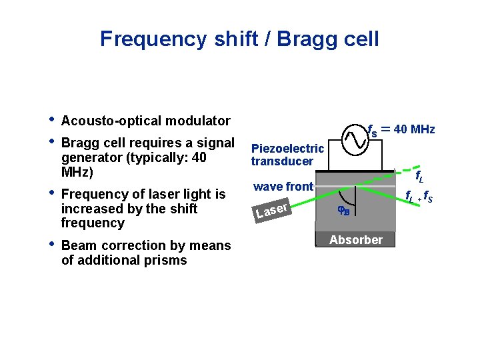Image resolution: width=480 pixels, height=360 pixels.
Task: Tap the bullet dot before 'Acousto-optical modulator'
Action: [x=51, y=120]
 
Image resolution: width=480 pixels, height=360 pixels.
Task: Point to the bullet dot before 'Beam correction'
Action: [x=51, y=245]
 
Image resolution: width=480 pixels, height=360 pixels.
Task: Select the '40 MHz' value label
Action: [x=413, y=129]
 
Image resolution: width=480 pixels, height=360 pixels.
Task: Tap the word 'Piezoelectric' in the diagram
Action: [x=287, y=149]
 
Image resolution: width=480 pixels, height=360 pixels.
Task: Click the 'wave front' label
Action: [x=283, y=187]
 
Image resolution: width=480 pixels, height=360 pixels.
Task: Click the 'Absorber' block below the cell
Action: [x=356, y=240]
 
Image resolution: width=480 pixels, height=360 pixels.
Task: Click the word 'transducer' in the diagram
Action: [x=282, y=161]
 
